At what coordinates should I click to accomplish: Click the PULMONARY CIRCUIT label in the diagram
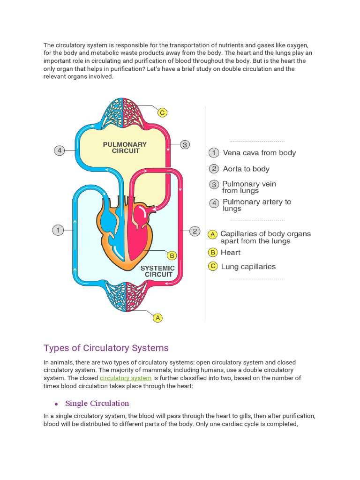pyautogui.click(x=125, y=148)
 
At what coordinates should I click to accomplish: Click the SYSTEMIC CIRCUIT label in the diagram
pyautogui.click(x=158, y=271)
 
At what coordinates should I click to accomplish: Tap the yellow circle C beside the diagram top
pyautogui.click(x=162, y=112)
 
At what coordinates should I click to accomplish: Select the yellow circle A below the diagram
pyautogui.click(x=158, y=318)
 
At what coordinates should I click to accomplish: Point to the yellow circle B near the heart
pyautogui.click(x=172, y=255)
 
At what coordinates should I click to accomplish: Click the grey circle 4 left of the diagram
pyautogui.click(x=59, y=150)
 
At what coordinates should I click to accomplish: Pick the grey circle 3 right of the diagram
pyautogui.click(x=185, y=144)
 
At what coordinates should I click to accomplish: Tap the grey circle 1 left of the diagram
pyautogui.click(x=58, y=230)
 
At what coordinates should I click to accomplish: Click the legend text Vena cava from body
pyautogui.click(x=259, y=153)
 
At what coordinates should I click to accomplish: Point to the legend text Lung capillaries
pyautogui.click(x=248, y=267)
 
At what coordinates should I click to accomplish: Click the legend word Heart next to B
pyautogui.click(x=231, y=252)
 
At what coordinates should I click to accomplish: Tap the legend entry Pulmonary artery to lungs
pyautogui.click(x=256, y=205)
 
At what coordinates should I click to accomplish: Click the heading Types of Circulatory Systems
pyautogui.click(x=106, y=348)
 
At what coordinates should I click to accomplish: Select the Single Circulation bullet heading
pyautogui.click(x=97, y=403)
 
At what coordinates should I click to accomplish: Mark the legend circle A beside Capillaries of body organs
pyautogui.click(x=213, y=234)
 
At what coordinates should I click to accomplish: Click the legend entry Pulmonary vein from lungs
pyautogui.click(x=249, y=187)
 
